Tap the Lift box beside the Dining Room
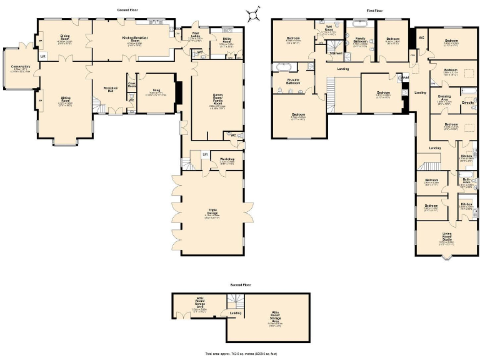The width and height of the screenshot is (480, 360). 42,56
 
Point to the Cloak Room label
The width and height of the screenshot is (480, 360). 132,84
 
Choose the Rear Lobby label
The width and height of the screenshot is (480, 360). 196,35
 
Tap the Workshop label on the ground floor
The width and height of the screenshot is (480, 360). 227,160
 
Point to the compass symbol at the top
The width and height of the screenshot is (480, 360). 252,11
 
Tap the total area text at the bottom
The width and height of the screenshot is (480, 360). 240,353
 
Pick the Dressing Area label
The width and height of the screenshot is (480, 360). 444,97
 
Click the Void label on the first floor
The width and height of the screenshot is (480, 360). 405,77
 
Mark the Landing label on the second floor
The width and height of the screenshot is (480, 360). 235,312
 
